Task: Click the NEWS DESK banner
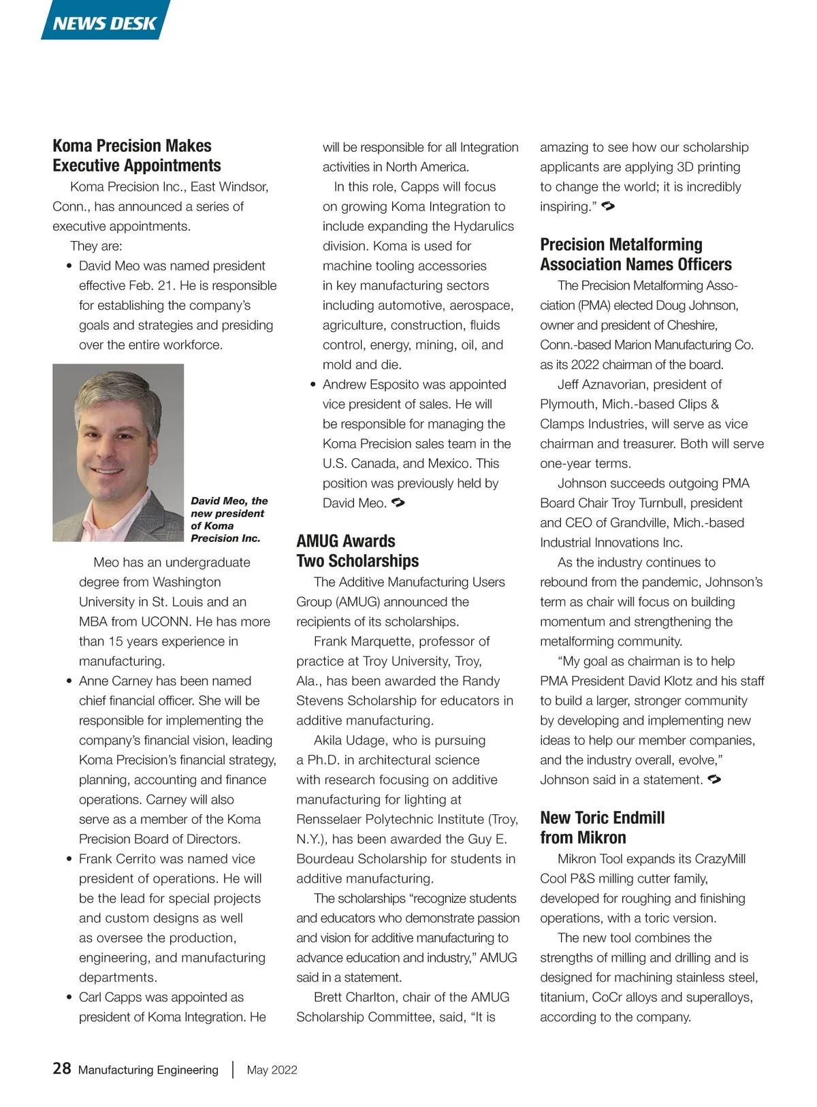pos(106,22)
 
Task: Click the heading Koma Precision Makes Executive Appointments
pos(137,156)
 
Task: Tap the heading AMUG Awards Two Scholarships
pos(357,551)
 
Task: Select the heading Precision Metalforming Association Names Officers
pos(635,255)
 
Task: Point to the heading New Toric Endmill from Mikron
pos(602,827)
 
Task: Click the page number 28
pos(62,1068)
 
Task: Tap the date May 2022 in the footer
pos(272,1070)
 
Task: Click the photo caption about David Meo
pos(229,519)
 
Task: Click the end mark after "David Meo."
pos(398,503)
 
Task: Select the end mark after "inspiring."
pos(608,206)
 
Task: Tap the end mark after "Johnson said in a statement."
pos(714,779)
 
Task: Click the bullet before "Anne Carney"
pos(69,681)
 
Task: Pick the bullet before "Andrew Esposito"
pos(313,385)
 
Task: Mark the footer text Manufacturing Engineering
pos(148,1070)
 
